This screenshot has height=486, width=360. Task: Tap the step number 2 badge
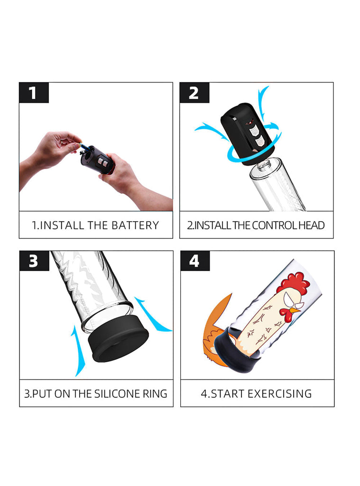[194, 93]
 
